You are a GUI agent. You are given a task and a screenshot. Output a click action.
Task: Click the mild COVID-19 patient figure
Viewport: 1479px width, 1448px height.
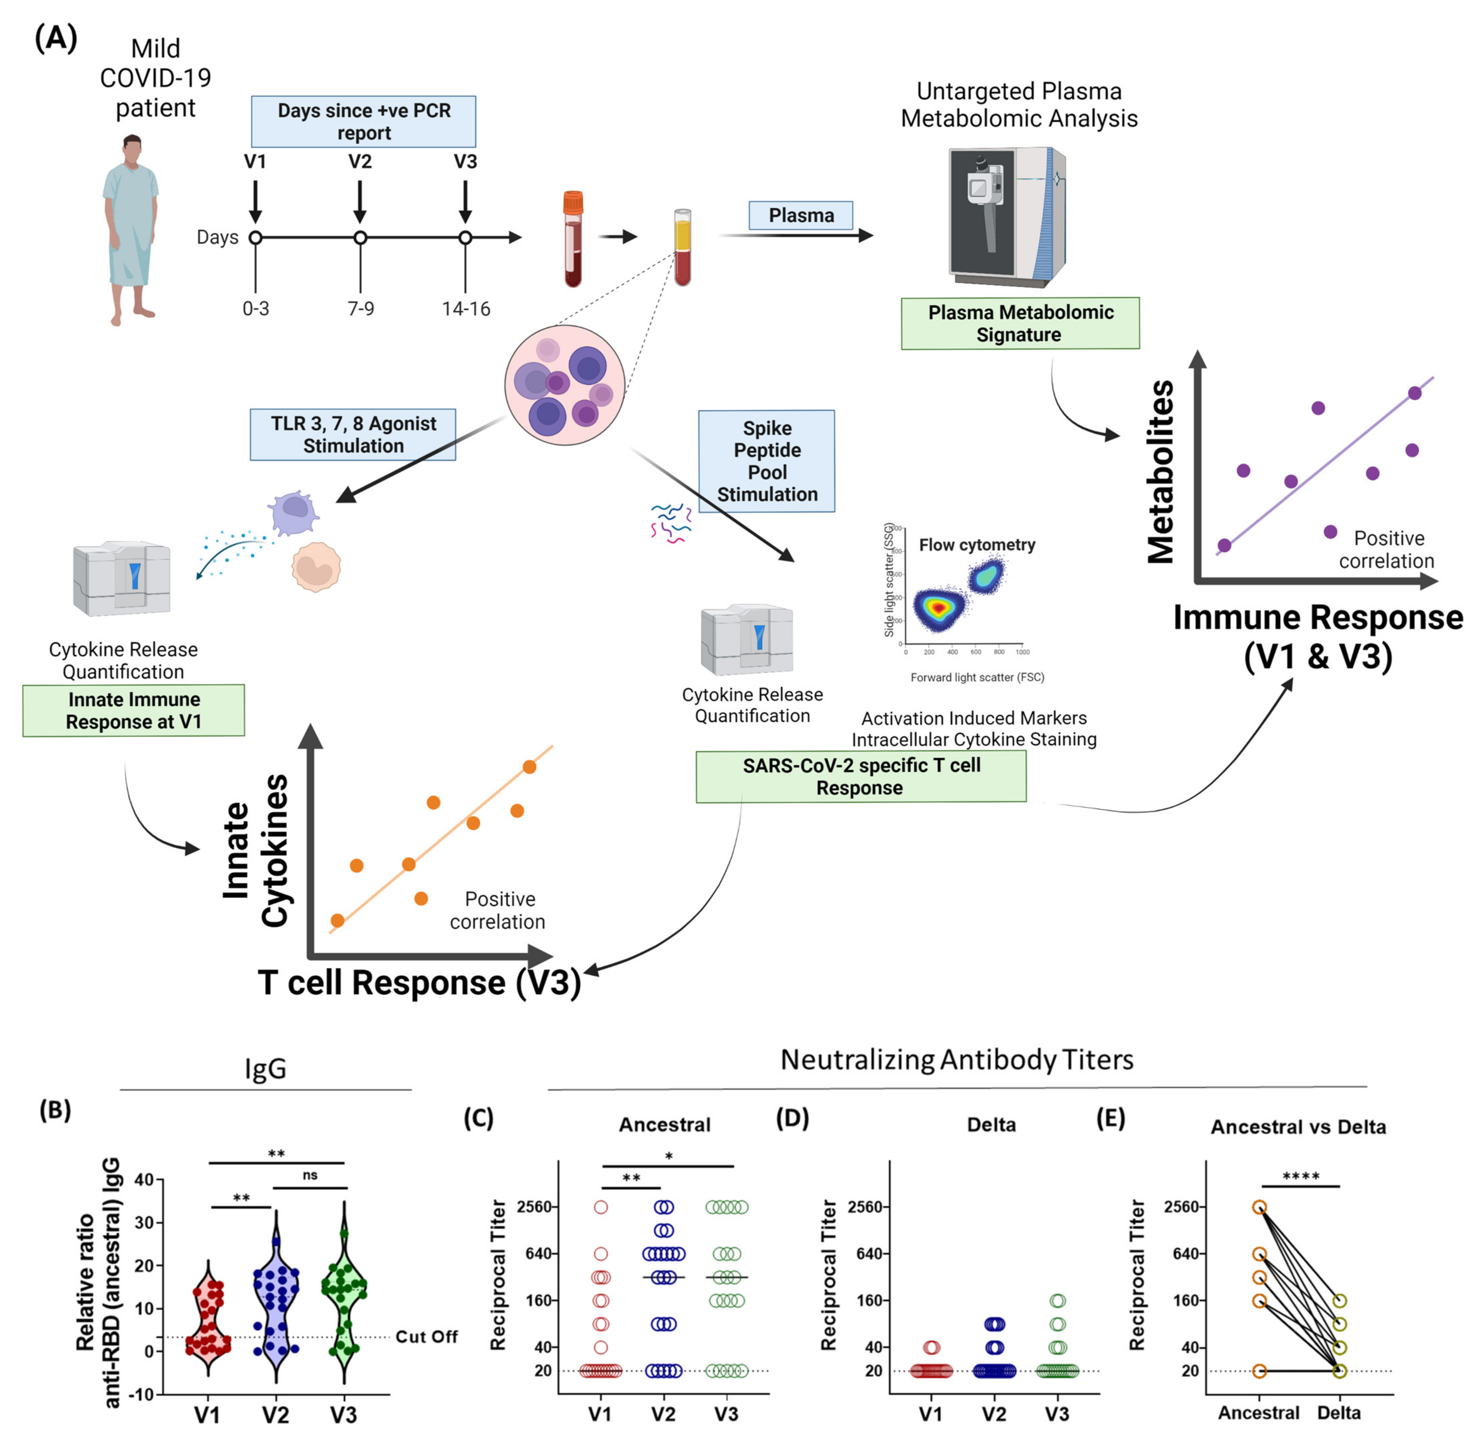(x=131, y=228)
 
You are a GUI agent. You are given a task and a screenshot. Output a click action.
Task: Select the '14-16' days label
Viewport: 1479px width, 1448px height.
(x=465, y=309)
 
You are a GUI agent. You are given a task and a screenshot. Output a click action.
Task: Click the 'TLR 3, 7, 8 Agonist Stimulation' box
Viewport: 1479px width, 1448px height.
(x=353, y=434)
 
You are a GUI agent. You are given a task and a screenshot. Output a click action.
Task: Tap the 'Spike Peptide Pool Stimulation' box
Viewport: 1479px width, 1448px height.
(x=766, y=461)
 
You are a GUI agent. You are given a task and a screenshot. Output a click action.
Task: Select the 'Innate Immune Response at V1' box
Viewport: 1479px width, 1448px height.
(x=134, y=710)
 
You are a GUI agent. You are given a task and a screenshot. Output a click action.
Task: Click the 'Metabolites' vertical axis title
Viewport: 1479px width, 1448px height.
(x=1161, y=472)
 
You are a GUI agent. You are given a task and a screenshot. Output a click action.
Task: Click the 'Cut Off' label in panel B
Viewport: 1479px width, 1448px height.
(x=427, y=1336)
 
